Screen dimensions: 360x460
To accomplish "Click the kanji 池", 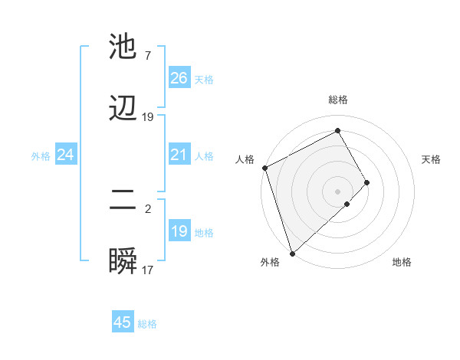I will tap(123, 47).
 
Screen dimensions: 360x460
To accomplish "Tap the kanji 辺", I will tap(123, 110).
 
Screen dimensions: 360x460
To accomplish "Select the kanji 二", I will tap(123, 201).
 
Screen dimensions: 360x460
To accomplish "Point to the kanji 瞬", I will tap(123, 263).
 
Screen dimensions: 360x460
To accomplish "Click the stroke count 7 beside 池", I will tap(147, 56).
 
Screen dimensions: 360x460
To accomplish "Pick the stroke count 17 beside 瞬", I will tap(148, 270).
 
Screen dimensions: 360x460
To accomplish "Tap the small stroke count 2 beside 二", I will tap(148, 209).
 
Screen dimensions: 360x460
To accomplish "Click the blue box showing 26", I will tap(179, 78).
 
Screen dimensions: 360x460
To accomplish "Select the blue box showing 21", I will tap(179, 155).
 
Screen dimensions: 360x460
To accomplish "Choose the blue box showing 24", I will tap(65, 155).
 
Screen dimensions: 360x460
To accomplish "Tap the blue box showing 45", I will tap(123, 322).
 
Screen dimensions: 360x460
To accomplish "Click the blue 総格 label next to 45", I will tap(147, 324).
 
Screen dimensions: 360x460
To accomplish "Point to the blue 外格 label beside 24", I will tap(41, 156).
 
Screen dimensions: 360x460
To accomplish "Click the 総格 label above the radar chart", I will tap(338, 100).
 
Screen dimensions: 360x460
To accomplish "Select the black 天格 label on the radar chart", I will tap(432, 159).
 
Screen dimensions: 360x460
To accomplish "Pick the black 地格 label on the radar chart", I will tap(402, 263).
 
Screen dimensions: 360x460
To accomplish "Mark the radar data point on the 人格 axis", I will tap(264, 168).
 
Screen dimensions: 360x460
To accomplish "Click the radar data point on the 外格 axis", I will tap(292, 252).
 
